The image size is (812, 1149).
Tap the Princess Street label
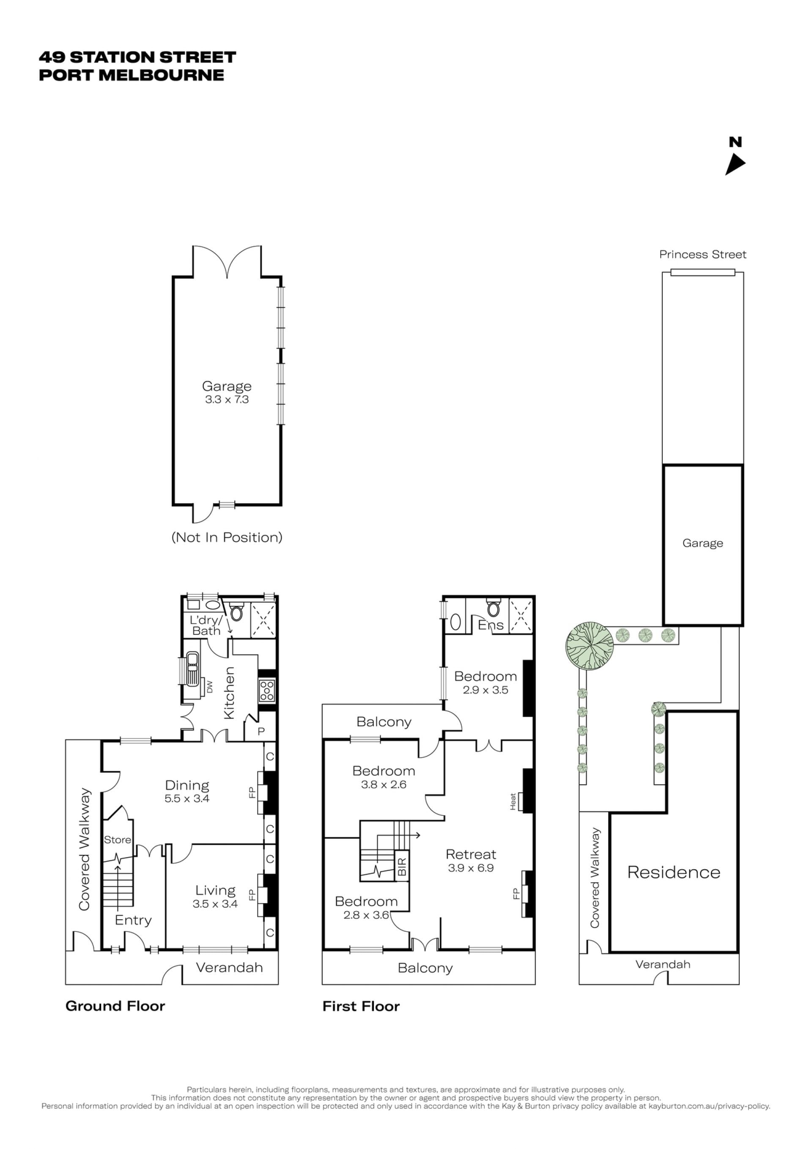702,254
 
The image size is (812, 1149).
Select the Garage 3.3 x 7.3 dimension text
227,400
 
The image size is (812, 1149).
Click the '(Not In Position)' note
227,537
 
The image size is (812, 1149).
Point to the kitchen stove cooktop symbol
267,691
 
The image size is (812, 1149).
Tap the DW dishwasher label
209,687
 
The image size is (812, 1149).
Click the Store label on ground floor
118,840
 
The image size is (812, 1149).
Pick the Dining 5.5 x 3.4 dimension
187,799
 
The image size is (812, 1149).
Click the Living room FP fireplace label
252,895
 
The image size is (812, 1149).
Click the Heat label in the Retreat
513,802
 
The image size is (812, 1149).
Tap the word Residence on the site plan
674,872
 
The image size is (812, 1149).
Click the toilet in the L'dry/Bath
236,612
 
